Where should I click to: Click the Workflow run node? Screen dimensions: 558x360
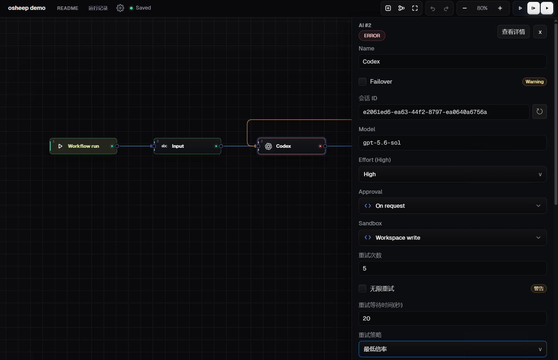tap(83, 146)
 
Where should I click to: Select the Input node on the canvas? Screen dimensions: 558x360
tap(187, 146)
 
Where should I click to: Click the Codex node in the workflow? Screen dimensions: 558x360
tap(292, 146)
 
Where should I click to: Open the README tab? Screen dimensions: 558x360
tap(68, 8)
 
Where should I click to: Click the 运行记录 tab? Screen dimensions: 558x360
tap(98, 8)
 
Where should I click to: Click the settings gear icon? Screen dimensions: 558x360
tap(120, 8)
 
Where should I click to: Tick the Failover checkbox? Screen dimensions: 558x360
tap(362, 82)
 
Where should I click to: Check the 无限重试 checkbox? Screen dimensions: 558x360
tap(362, 289)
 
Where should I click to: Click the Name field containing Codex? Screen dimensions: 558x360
tap(452, 61)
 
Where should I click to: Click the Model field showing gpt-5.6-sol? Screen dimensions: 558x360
tap(452, 143)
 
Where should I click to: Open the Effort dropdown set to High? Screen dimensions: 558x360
tap(452, 174)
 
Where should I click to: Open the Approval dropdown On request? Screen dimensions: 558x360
tap(452, 206)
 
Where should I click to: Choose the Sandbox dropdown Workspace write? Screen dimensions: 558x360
tap(452, 237)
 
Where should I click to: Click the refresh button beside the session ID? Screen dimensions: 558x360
tap(539, 112)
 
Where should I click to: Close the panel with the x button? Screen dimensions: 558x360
tap(540, 32)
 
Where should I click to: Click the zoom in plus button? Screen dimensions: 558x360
tap(500, 8)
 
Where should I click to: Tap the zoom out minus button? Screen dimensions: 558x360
tap(465, 8)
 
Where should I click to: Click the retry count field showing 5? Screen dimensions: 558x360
tap(452, 268)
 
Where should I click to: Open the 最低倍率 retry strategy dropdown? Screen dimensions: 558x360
tap(452, 349)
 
